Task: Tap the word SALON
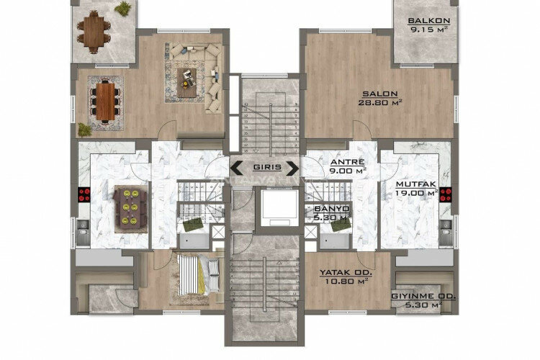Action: [375, 94]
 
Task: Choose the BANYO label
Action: [332, 209]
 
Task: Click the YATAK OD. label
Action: [346, 273]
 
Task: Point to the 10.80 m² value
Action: [346, 282]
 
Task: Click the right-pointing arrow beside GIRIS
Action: [292, 168]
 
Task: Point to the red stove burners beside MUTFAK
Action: [446, 193]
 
